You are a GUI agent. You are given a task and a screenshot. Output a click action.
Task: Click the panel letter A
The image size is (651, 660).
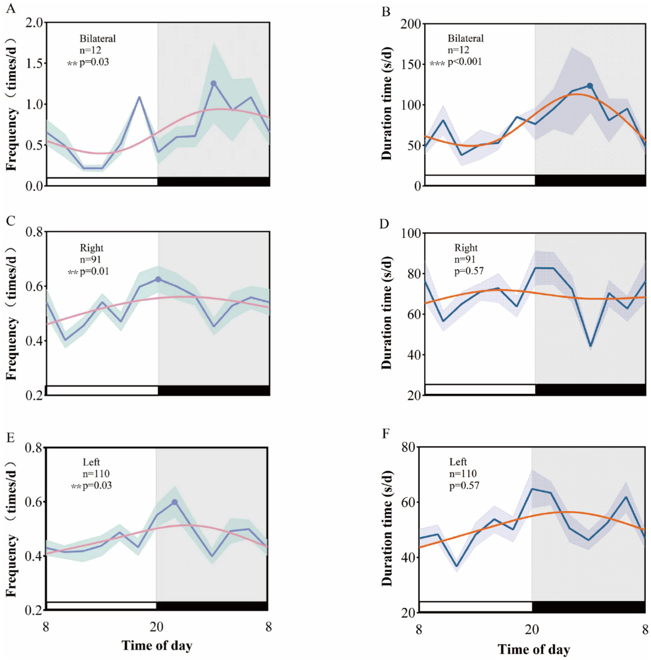(11, 8)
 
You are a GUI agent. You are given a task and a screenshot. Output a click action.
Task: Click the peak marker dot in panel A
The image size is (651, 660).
(214, 84)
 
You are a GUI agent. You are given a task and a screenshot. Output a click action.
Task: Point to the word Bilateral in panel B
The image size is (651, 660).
(466, 39)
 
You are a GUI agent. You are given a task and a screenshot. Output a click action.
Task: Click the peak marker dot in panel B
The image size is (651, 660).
(590, 86)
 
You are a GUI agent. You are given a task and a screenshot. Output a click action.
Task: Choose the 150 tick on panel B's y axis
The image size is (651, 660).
(411, 64)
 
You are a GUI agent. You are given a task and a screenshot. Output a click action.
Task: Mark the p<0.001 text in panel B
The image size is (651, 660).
(465, 62)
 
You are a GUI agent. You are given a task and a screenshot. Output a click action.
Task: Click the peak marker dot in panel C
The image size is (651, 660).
(158, 279)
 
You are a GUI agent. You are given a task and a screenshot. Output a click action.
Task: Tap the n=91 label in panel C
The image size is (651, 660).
(90, 259)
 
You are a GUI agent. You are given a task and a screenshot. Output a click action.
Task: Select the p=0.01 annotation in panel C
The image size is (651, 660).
(94, 271)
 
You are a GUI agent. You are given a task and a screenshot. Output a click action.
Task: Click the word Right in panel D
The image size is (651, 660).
(466, 248)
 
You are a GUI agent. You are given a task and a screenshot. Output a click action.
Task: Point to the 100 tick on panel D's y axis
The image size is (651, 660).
(411, 234)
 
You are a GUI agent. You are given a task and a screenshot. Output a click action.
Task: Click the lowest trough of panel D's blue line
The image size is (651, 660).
(590, 345)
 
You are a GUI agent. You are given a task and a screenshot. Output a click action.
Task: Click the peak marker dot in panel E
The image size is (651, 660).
(174, 502)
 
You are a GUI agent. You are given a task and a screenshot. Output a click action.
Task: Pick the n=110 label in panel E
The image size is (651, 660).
(96, 474)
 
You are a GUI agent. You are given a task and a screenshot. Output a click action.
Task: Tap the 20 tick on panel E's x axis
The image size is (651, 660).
(156, 627)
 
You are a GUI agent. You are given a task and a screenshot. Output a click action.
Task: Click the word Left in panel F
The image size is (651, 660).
(458, 462)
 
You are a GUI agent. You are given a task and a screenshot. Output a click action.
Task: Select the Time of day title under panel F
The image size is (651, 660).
(534, 649)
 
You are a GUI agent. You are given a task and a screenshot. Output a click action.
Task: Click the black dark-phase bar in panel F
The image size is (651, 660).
(589, 607)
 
